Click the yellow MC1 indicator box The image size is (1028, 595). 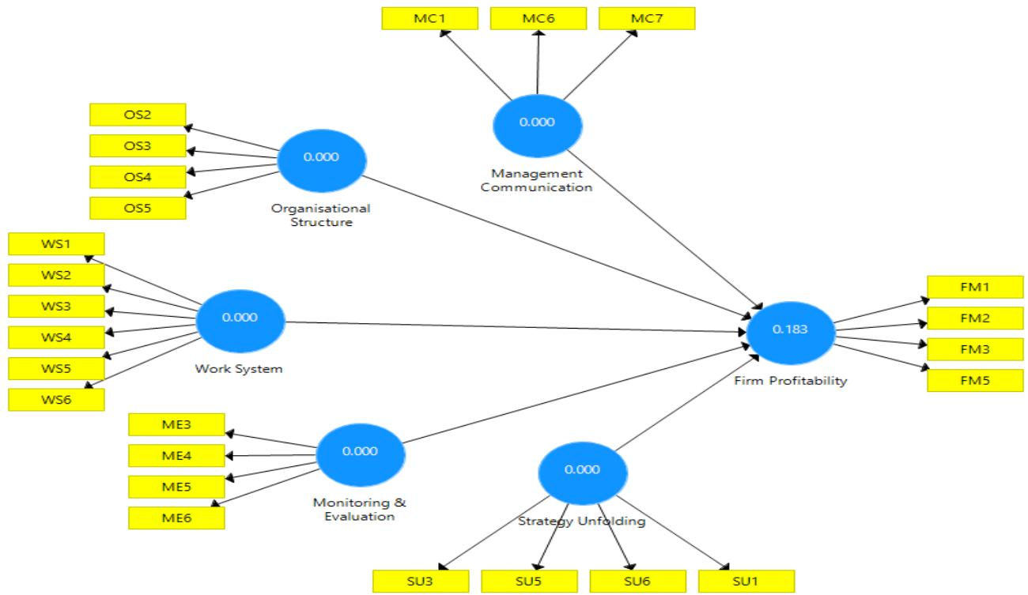coord(430,17)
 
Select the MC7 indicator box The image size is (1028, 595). coord(647,17)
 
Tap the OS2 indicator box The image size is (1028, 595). coord(138,115)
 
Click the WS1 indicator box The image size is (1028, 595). coord(55,244)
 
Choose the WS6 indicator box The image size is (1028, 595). coord(55,399)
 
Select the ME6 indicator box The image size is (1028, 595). coord(176,517)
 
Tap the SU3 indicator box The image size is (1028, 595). coord(420,580)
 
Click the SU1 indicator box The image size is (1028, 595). coord(746,580)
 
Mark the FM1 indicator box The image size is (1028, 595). coord(974,288)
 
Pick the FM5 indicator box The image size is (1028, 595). coord(974,380)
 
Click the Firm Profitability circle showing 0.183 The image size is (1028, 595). coord(792,330)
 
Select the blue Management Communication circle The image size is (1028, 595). coord(537,122)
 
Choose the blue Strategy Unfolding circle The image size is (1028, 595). coord(583,469)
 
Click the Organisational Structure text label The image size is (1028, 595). coord(321,216)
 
